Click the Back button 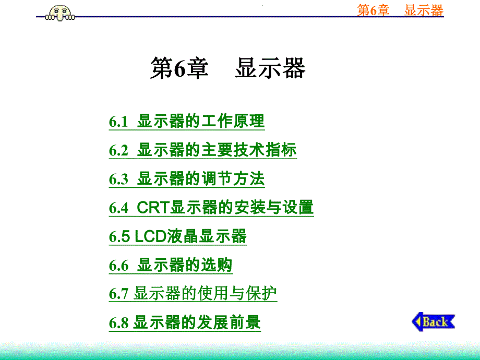434,321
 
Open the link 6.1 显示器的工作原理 187,122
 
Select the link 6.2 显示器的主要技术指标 202,150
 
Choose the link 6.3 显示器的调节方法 187,179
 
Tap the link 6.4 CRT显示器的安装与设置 211,208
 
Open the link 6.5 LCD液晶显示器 177,236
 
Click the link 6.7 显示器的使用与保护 193,294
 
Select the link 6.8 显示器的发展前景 185,322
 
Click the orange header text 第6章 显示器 400,10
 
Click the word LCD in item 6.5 151,236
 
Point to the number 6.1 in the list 118,122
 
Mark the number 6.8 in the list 118,323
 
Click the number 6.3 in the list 118,179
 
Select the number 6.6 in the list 118,266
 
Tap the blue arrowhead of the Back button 417,321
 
